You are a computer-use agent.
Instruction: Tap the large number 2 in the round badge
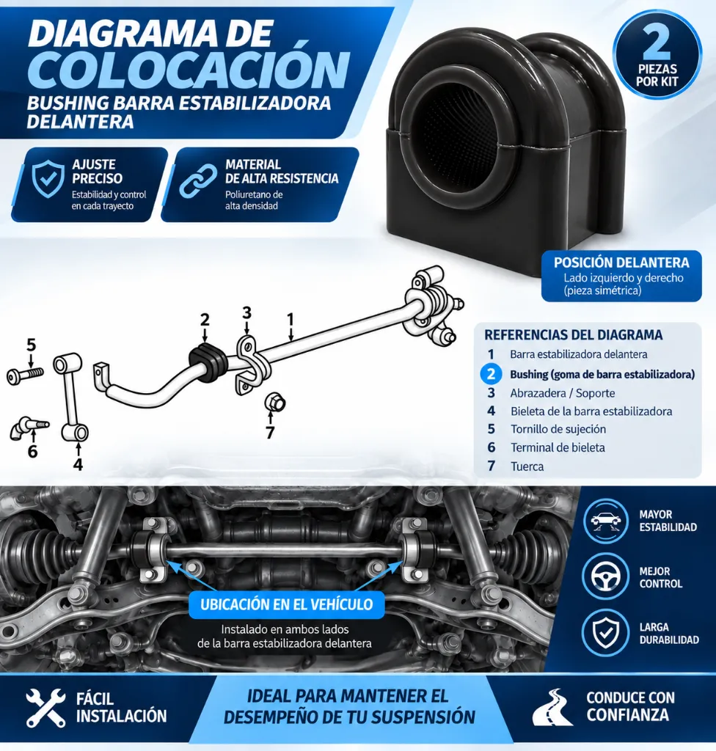tap(657, 44)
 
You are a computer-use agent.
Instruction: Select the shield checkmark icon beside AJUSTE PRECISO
tap(48, 179)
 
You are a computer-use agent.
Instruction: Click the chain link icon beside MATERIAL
tap(198, 180)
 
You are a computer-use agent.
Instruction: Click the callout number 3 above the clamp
tap(246, 312)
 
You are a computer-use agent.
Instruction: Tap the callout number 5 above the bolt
tap(31, 345)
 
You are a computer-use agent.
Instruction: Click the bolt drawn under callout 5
tap(25, 375)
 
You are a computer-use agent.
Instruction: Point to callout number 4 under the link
tap(78, 464)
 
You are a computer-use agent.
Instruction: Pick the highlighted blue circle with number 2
tap(491, 374)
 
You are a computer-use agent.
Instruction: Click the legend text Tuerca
tap(527, 466)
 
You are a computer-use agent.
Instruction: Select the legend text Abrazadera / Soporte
tap(563, 393)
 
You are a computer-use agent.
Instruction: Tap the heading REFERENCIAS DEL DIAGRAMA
tap(573, 334)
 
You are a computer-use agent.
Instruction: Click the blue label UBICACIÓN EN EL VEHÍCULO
tap(287, 604)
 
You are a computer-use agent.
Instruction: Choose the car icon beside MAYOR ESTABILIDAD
tap(605, 521)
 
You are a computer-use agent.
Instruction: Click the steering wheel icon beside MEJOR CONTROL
tap(605, 576)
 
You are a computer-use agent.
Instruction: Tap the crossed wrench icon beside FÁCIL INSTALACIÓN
tap(45, 708)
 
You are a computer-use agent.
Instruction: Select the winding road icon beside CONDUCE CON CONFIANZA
tap(552, 708)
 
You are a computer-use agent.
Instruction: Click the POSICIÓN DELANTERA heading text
tap(621, 263)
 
